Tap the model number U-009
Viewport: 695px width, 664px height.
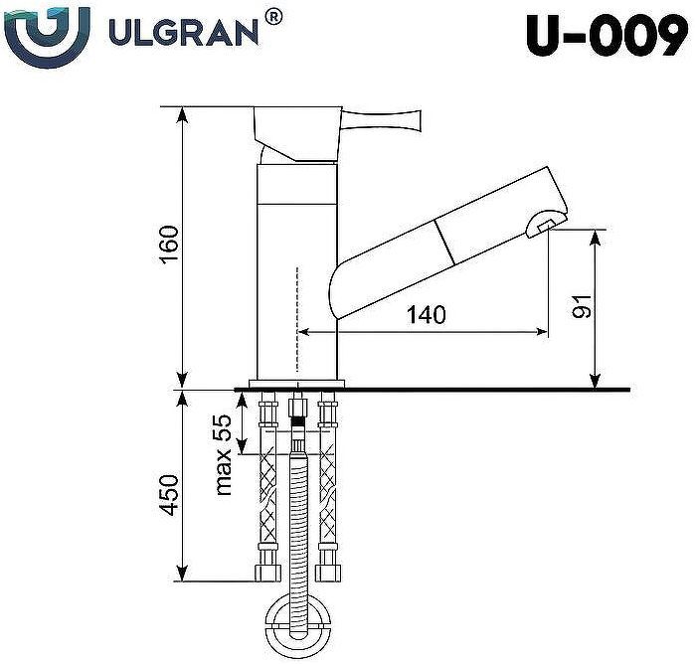click(607, 38)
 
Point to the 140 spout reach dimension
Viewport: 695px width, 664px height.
click(426, 315)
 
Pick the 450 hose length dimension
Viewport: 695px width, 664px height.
click(168, 494)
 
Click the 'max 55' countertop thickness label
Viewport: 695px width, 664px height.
click(223, 454)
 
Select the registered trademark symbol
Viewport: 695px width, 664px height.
click(274, 16)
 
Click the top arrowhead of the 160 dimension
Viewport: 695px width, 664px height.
click(183, 112)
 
